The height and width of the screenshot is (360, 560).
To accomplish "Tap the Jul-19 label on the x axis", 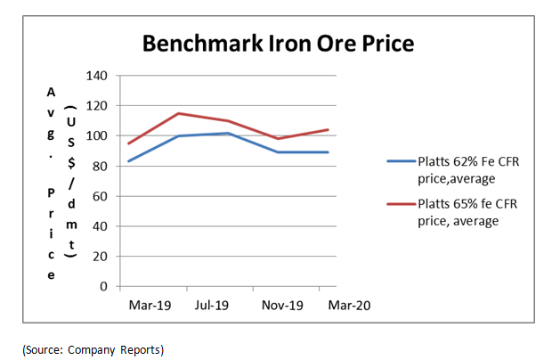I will click(x=212, y=305).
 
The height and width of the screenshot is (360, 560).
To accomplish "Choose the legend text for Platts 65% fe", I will click(x=467, y=211).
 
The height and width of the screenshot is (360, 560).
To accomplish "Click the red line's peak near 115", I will click(x=179, y=113).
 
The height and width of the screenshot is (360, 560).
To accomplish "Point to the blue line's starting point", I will click(x=128, y=161).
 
